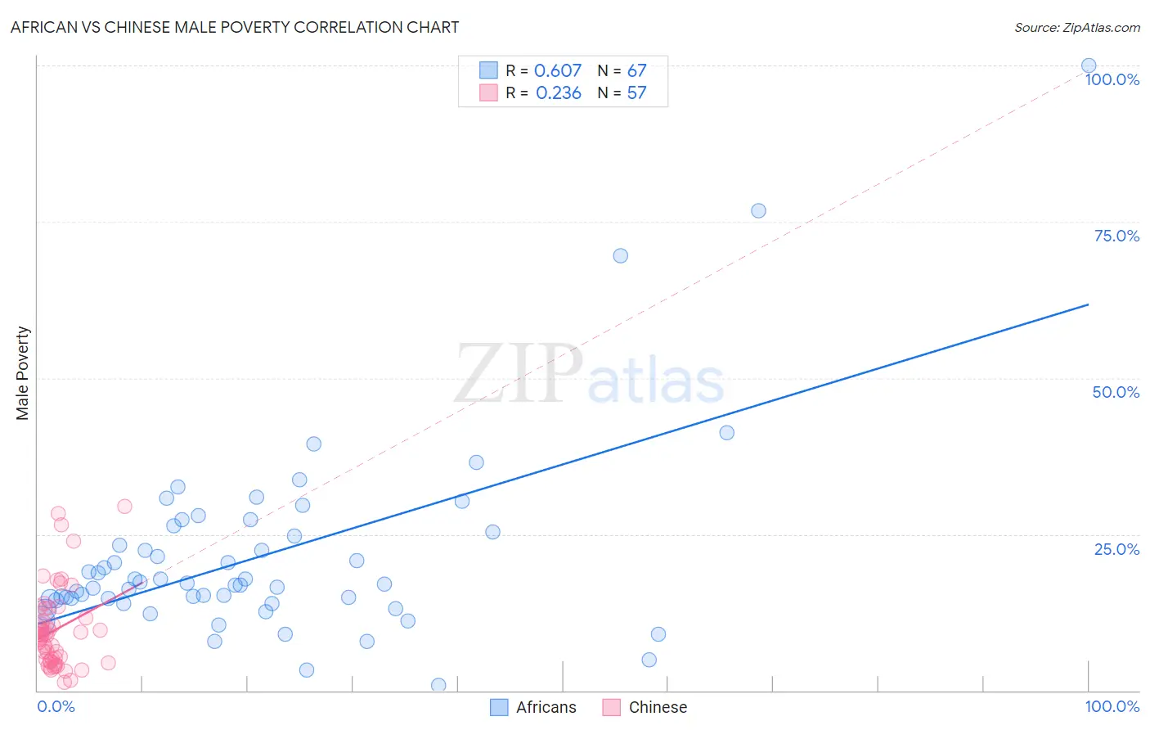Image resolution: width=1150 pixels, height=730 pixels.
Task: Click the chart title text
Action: coord(235,27)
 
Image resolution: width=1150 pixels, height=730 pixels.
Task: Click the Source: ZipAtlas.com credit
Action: coord(1076,27)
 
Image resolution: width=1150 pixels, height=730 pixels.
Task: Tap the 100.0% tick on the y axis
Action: coord(1112,79)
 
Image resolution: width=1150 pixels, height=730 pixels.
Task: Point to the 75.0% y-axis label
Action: coord(1116,236)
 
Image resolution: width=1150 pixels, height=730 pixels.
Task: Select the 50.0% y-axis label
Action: coord(1116,392)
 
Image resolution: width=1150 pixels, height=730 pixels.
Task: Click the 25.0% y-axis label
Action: coord(1116,548)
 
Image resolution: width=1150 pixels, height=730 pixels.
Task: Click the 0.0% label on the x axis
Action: coord(56,706)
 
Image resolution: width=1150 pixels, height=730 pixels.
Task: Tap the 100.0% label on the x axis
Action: coord(1112,706)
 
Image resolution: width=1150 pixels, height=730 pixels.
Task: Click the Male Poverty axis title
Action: coord(23,373)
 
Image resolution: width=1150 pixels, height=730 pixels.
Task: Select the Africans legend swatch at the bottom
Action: coord(499,707)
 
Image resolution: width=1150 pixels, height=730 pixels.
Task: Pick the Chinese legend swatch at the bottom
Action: coord(611,707)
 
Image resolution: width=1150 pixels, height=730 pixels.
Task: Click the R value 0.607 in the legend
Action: coord(558,70)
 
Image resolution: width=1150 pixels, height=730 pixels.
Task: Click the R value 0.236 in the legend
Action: coord(559,93)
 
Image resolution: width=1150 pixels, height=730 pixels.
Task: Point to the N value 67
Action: coord(637,70)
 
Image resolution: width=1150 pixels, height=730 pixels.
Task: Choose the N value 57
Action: coord(637,93)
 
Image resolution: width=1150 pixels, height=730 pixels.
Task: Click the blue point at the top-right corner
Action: coord(1089,65)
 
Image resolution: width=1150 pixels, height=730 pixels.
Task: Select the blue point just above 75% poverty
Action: coord(758,210)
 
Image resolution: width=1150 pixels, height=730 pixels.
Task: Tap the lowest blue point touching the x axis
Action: coord(438,685)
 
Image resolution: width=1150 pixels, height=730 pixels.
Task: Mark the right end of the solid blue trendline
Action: coord(1089,304)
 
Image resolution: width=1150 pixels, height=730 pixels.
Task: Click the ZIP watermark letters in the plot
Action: coord(519,373)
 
